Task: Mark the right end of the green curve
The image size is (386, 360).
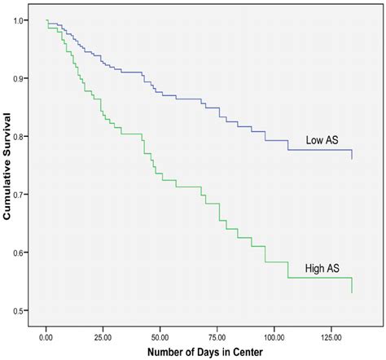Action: (x=352, y=292)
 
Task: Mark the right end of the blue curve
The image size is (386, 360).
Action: (x=352, y=158)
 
